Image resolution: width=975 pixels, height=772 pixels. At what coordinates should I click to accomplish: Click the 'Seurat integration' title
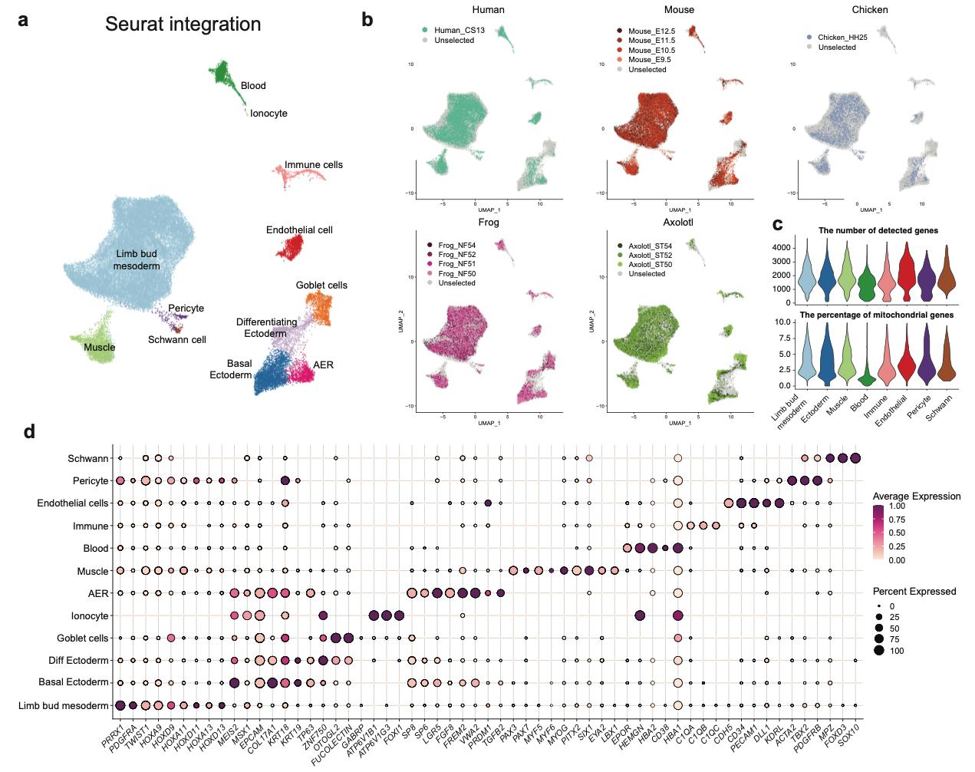coord(183,25)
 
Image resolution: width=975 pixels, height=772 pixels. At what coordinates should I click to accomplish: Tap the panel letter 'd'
coord(29,431)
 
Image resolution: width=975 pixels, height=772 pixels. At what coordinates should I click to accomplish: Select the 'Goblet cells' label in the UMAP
coord(321,285)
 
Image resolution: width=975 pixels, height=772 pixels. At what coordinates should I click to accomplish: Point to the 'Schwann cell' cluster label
coord(177,339)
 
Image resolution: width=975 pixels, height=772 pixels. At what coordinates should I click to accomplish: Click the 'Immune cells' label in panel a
coord(314,165)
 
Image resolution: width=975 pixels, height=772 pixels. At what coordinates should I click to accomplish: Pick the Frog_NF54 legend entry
coord(456,246)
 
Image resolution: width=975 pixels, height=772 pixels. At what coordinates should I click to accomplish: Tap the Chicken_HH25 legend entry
coord(842,37)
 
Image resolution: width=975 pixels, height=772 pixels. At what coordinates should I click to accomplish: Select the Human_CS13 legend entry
coord(459,31)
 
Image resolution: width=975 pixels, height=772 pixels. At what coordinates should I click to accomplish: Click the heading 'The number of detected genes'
coord(878,230)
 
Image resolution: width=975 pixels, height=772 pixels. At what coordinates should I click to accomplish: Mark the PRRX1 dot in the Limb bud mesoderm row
coord(120,705)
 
